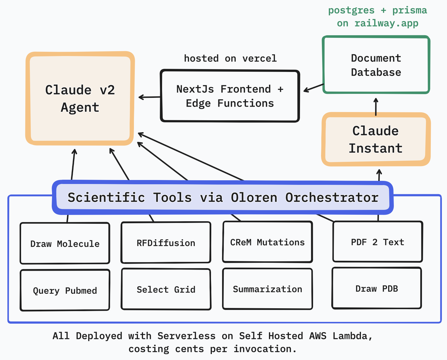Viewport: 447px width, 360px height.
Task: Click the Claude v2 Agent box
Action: pyautogui.click(x=80, y=98)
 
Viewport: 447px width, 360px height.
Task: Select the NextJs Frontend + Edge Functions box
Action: pyautogui.click(x=230, y=96)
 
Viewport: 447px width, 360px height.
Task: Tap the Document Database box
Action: pyautogui.click(x=376, y=65)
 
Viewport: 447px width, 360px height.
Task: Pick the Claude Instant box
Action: pyautogui.click(x=376, y=139)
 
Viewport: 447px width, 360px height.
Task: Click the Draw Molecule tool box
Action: pyautogui.click(x=65, y=243)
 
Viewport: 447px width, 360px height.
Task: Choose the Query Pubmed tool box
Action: pyautogui.click(x=65, y=290)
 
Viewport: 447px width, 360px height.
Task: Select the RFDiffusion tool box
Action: pyautogui.click(x=166, y=243)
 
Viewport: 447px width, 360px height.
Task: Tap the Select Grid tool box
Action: pyautogui.click(x=166, y=289)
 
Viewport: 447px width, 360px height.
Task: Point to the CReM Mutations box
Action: pyautogui.click(x=267, y=242)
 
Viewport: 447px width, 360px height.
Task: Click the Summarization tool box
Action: pyautogui.click(x=267, y=289)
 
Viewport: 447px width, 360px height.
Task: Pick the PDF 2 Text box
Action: pyautogui.click(x=377, y=242)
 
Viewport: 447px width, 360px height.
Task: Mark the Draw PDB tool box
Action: pyautogui.click(x=376, y=288)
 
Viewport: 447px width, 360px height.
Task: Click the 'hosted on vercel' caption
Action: pyautogui.click(x=230, y=58)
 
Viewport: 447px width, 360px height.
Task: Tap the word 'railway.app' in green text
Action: pyautogui.click(x=386, y=23)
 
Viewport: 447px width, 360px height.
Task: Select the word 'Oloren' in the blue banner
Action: pyautogui.click(x=254, y=197)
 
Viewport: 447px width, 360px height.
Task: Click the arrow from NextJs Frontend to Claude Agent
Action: pyautogui.click(x=150, y=97)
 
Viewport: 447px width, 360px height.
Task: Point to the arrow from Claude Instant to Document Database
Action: pyautogui.click(x=376, y=107)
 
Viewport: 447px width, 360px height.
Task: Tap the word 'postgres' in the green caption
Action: pyautogui.click(x=351, y=10)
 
